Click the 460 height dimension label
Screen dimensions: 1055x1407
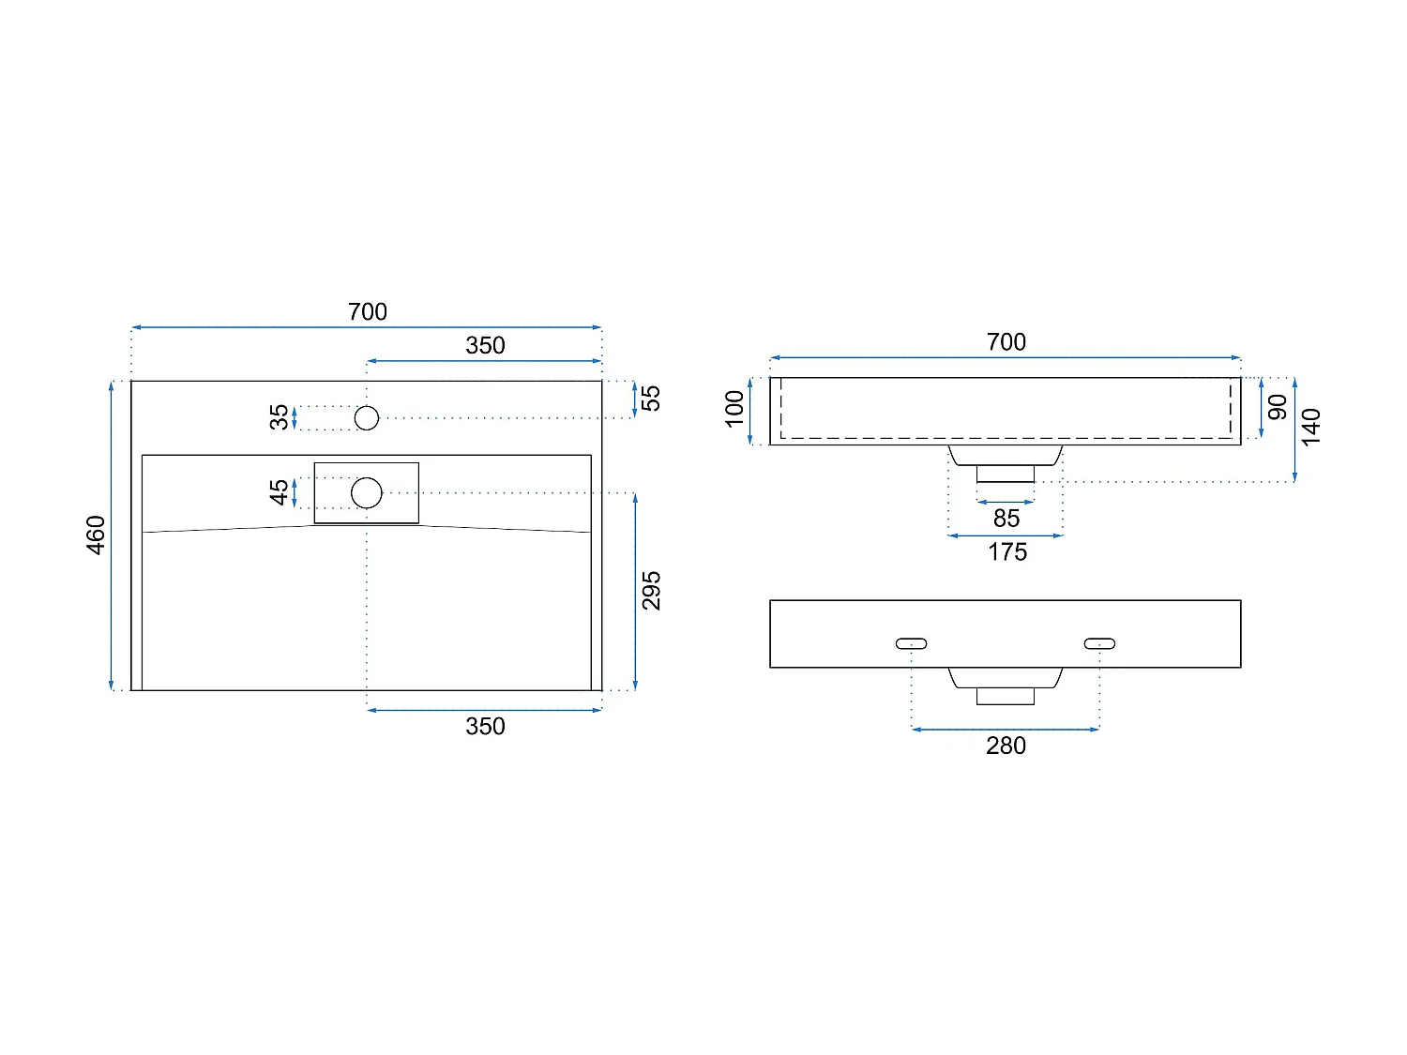pyautogui.click(x=96, y=535)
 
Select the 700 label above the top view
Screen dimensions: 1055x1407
pyautogui.click(x=367, y=311)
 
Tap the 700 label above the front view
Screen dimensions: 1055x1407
pyautogui.click(x=1006, y=342)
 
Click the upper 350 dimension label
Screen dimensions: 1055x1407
pyautogui.click(x=485, y=345)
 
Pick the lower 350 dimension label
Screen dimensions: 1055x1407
pyautogui.click(x=485, y=726)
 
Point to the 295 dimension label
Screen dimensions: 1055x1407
pyautogui.click(x=651, y=591)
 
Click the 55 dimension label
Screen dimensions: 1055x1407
pyautogui.click(x=651, y=398)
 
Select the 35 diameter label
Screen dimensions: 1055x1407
pyautogui.click(x=280, y=417)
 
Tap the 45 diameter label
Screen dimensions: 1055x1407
pyautogui.click(x=280, y=492)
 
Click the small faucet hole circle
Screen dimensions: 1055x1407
pyautogui.click(x=367, y=418)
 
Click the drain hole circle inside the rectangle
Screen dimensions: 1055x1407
pyautogui.click(x=367, y=492)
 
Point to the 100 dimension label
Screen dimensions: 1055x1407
pyautogui.click(x=734, y=409)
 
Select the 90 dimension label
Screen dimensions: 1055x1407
pyautogui.click(x=1277, y=408)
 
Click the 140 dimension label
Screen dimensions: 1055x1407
pyautogui.click(x=1311, y=427)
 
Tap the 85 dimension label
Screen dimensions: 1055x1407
pyautogui.click(x=1006, y=519)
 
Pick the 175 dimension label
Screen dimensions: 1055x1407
pyautogui.click(x=1006, y=552)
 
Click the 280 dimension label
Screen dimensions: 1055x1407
pyautogui.click(x=1006, y=746)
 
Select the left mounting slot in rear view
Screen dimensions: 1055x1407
pyautogui.click(x=911, y=643)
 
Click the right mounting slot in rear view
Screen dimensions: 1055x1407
pyautogui.click(x=1099, y=643)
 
